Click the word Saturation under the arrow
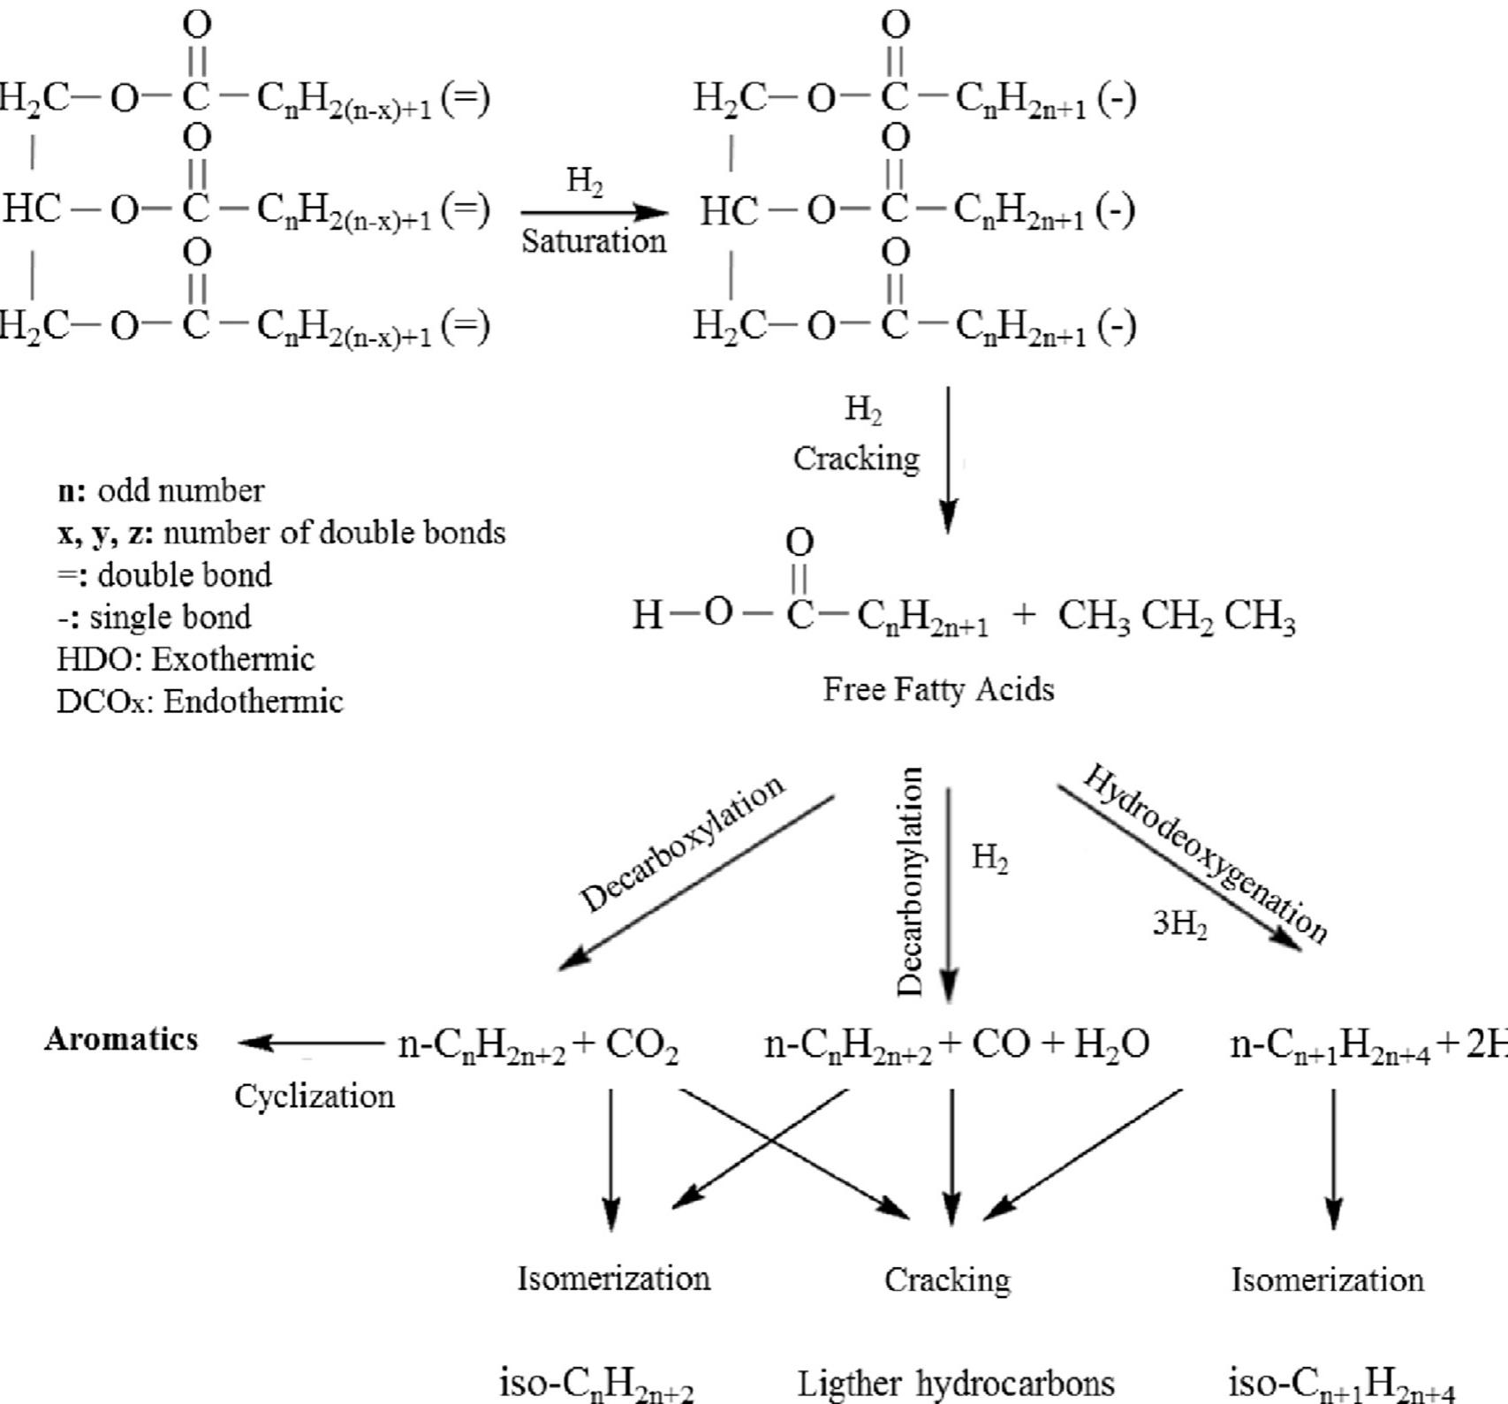point(594,241)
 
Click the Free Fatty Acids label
point(938,689)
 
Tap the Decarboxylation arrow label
point(681,843)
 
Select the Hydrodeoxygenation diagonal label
point(1205,853)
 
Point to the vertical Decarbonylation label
point(910,881)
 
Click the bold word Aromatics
point(121,1039)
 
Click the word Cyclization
point(314,1097)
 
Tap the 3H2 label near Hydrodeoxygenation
point(1179,924)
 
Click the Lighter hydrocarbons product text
point(956,1384)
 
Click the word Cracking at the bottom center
point(947,1279)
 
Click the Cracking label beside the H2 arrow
point(856,459)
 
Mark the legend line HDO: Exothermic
point(186,659)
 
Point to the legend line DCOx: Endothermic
point(200,702)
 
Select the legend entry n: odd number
point(161,491)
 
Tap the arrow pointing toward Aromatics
point(309,1043)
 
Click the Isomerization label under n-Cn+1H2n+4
point(1327,1279)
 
